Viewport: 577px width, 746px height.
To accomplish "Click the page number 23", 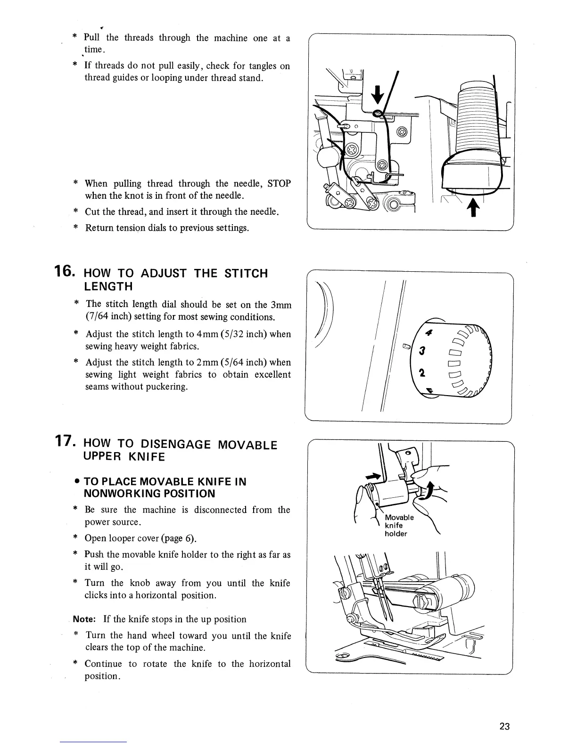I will coord(504,726).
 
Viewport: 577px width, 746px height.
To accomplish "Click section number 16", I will coord(64,272).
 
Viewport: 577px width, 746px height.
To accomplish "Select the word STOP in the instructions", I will coord(279,184).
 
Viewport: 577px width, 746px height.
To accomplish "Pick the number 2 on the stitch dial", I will coord(423,373).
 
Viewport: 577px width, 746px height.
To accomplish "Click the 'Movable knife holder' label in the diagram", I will coord(399,525).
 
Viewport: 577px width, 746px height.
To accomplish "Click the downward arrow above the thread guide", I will coord(377,97).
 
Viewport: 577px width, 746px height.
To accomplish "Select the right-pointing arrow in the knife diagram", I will coord(377,477).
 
